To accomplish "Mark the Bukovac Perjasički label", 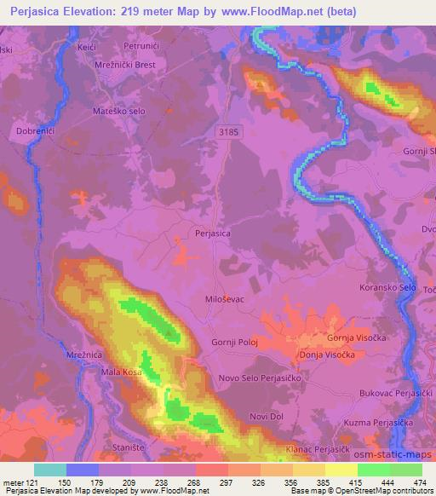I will [x=393, y=394].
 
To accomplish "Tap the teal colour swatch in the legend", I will [x=50, y=470].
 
